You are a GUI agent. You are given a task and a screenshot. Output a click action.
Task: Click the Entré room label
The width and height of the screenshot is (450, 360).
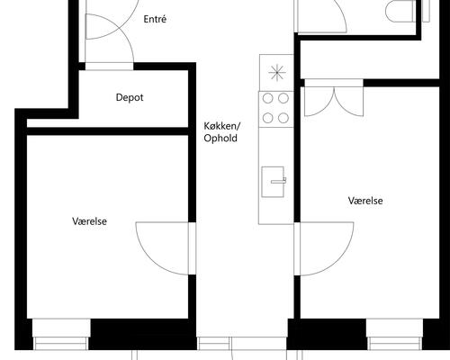click(155, 19)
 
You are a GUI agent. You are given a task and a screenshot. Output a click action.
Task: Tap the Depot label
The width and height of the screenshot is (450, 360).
click(130, 97)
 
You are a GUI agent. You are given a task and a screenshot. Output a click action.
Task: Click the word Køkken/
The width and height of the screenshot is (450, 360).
click(222, 126)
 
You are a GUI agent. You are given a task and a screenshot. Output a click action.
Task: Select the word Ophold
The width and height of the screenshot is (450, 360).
click(220, 138)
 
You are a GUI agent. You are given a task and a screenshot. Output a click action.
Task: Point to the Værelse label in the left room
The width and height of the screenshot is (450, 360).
click(89, 221)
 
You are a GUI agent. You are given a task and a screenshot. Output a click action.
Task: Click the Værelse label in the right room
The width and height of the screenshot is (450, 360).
click(365, 201)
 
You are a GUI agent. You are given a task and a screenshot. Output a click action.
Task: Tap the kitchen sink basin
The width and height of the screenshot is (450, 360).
click(273, 182)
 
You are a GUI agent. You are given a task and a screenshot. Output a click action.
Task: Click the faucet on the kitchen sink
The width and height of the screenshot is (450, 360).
click(279, 181)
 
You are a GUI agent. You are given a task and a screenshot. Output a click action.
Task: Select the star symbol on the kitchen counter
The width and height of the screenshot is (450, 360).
click(277, 73)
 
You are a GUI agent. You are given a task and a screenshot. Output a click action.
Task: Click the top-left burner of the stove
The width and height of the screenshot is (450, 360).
click(268, 98)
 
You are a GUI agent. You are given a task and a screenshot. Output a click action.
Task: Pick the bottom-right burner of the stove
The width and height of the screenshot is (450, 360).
click(283, 118)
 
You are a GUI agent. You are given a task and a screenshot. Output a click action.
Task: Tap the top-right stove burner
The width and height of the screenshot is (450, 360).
click(283, 98)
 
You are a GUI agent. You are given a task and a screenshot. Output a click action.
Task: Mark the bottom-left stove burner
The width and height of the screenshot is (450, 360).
click(268, 118)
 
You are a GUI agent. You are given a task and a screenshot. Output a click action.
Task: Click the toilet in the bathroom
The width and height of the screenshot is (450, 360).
click(400, 11)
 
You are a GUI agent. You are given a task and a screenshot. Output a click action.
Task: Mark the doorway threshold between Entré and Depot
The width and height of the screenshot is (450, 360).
click(109, 67)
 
